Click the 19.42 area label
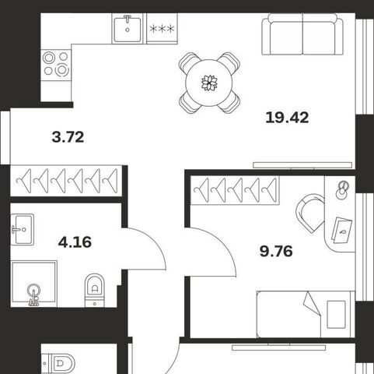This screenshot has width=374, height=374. point(287,118)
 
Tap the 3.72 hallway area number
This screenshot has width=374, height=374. point(68,137)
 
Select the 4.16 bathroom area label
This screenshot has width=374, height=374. point(75,242)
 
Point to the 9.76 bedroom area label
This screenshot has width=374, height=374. point(276,251)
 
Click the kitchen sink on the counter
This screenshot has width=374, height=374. point(128,28)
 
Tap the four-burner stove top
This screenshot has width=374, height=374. point(56,64)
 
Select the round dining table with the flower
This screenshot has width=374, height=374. point(209,83)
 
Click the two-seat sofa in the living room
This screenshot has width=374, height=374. point(302,34)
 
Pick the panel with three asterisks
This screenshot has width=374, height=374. point(162,28)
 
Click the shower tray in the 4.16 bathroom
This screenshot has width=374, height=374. point(33,284)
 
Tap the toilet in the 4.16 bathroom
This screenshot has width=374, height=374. point(95,291)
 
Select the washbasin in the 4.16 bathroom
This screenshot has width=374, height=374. point(23,229)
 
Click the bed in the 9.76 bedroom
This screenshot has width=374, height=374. point(306,314)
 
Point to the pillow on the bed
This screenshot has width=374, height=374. point(336,315)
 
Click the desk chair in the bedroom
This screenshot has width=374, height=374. point(309,213)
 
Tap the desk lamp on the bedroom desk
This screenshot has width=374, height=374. point(341,190)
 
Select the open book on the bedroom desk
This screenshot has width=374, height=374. point(342,230)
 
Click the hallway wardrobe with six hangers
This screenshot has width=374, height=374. point(66,181)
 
